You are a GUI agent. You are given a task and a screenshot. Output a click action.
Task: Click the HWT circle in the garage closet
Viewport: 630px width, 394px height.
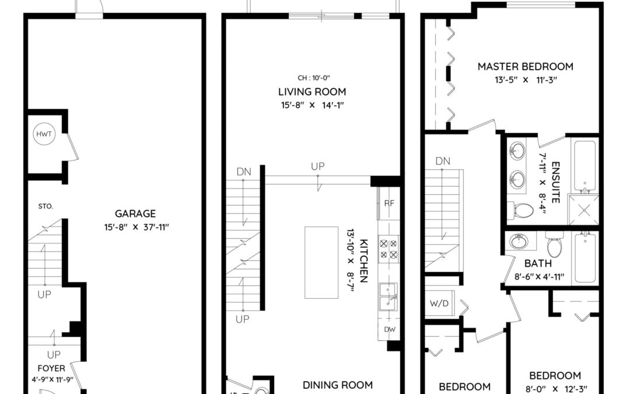click(x=44, y=134)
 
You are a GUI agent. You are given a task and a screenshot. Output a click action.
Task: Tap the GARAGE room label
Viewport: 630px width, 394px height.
click(x=135, y=214)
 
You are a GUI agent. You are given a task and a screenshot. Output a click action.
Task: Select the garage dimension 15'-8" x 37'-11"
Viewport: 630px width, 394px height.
click(x=136, y=227)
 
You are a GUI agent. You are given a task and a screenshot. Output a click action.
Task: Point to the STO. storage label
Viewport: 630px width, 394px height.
click(x=45, y=207)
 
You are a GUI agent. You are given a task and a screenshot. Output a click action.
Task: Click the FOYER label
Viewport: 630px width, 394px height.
click(x=51, y=368)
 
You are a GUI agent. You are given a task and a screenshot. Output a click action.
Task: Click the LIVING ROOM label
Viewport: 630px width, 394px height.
click(x=312, y=92)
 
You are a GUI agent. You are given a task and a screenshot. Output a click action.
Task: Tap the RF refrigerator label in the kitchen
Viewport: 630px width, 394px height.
click(x=389, y=204)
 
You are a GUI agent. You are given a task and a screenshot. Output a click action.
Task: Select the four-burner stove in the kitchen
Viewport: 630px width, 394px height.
click(x=388, y=249)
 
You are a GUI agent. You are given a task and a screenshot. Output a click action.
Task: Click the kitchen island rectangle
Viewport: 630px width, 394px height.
click(x=321, y=263)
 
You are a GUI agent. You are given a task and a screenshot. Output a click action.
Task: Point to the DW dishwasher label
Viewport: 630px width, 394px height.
click(x=390, y=330)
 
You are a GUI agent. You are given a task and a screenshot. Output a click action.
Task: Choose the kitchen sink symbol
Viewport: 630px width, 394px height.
click(x=388, y=297)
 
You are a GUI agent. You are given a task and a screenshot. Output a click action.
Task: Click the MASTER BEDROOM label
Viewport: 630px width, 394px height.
click(x=526, y=67)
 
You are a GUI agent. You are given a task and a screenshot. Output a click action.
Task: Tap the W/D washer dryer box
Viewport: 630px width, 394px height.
click(x=440, y=304)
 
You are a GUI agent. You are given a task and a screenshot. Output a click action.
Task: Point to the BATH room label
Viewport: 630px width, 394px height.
click(x=538, y=264)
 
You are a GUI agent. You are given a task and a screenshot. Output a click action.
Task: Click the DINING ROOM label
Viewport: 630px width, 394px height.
click(x=338, y=385)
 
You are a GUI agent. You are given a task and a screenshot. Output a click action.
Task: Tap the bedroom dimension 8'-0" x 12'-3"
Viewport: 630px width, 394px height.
click(x=555, y=389)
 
